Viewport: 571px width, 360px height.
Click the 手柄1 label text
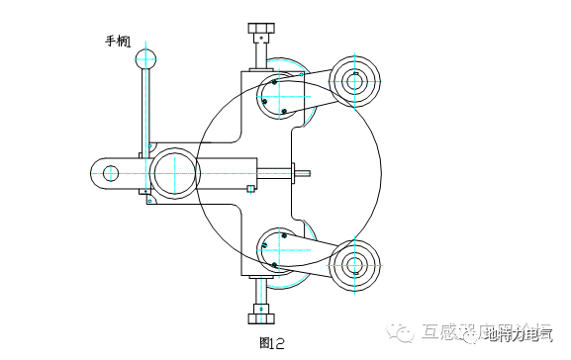click(118, 42)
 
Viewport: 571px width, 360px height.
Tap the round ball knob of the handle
click(145, 59)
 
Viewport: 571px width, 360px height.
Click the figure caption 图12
click(270, 343)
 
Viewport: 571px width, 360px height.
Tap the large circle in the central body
click(173, 172)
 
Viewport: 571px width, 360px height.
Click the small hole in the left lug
click(110, 173)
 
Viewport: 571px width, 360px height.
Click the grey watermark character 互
click(431, 333)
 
